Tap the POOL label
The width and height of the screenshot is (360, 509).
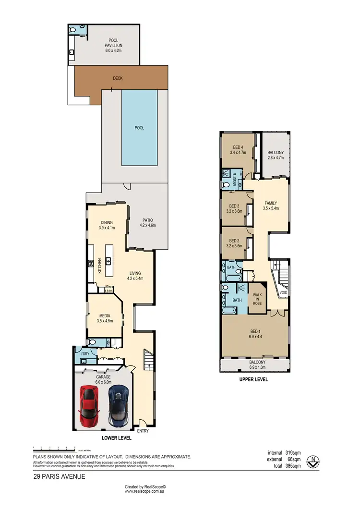[x=139, y=128]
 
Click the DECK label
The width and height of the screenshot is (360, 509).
[x=118, y=78]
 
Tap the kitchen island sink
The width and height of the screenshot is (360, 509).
[x=109, y=261]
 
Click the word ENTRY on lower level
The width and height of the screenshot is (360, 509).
[x=143, y=431]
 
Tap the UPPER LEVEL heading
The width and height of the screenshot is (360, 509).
[x=253, y=379]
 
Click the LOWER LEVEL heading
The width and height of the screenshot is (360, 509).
[x=117, y=438]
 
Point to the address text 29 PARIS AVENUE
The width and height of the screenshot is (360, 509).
[x=60, y=476]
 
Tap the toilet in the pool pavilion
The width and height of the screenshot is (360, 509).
[x=72, y=30]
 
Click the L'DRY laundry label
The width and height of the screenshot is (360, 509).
[x=85, y=354]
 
